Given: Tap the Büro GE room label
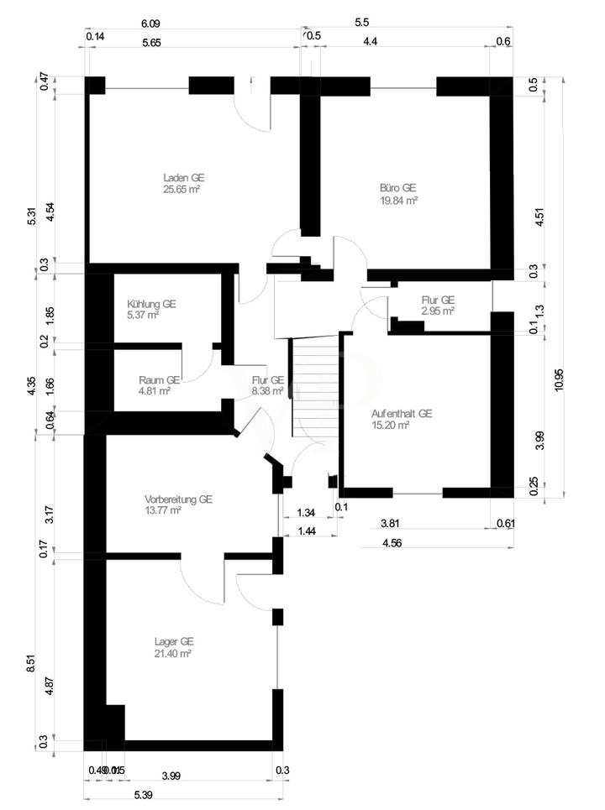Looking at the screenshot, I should pos(399,188).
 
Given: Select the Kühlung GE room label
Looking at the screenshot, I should pos(151,304).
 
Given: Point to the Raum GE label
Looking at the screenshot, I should pos(160,379).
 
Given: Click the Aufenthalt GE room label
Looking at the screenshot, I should pos(402,414).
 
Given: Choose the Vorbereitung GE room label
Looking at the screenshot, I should pos(178,499).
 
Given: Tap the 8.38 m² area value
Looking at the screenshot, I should pos(268,390).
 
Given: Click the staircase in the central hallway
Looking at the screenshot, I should pos(314,386).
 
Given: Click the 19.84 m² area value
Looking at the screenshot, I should pos(399,201).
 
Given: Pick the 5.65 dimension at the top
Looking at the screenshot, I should pos(153,41).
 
